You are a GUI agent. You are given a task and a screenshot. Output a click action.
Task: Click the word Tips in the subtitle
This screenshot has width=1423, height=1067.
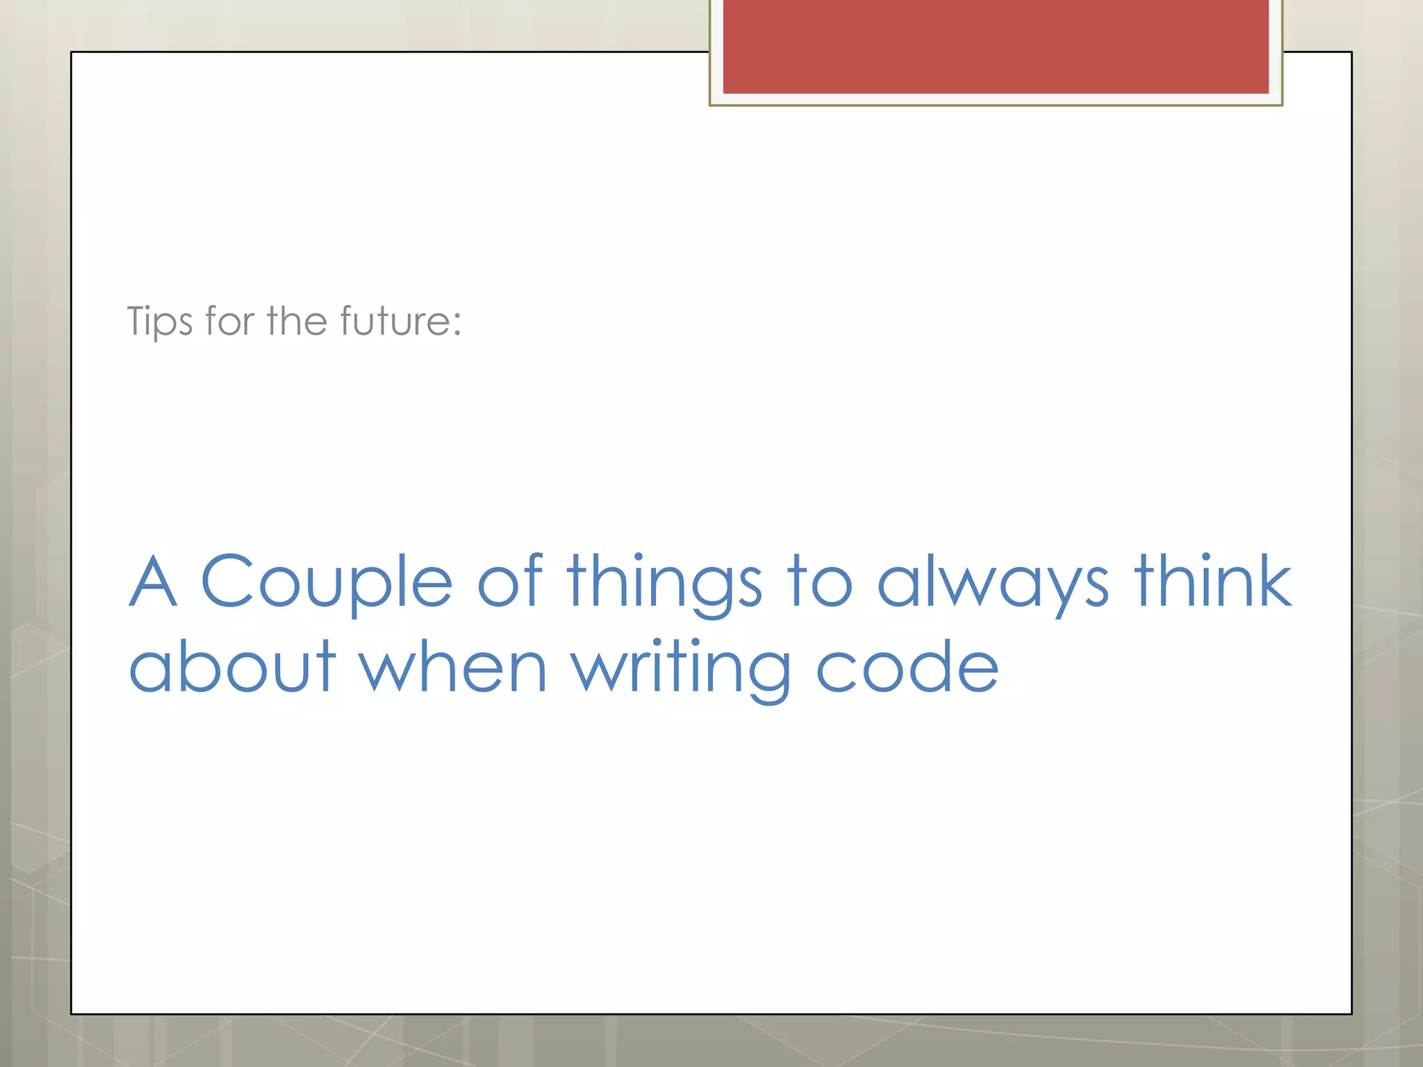point(159,322)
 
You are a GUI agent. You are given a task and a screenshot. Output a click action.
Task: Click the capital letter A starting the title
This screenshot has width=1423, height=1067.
point(153,581)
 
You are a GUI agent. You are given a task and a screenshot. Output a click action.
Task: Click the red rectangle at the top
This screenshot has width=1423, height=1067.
point(996,46)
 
